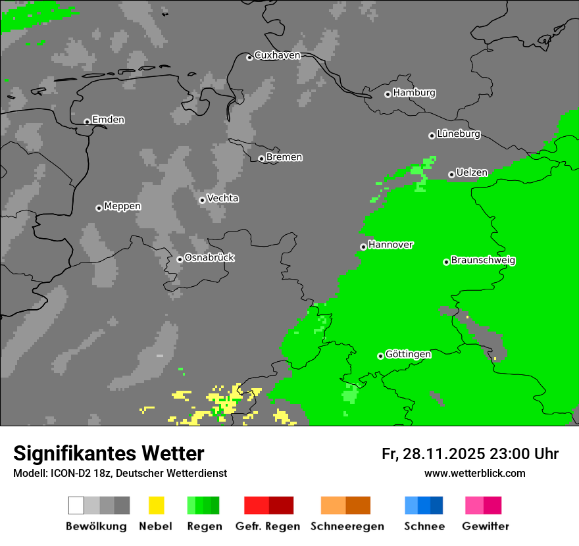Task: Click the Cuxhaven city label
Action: click(x=277, y=55)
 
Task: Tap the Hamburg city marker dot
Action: click(x=388, y=94)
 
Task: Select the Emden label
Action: click(x=108, y=120)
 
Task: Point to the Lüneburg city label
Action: click(x=458, y=134)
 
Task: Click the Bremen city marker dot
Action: click(x=261, y=159)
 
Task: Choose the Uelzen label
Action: click(x=472, y=173)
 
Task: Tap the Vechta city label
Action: click(x=222, y=199)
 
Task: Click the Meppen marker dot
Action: click(x=99, y=208)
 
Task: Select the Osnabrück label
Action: click(x=209, y=258)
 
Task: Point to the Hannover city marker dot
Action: click(x=363, y=247)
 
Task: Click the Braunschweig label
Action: click(x=483, y=261)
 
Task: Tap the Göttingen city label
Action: click(x=408, y=355)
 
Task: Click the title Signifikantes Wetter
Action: click(x=109, y=453)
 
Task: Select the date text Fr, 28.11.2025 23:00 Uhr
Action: click(x=470, y=454)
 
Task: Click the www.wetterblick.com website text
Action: click(x=474, y=474)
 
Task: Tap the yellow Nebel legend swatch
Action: click(x=156, y=505)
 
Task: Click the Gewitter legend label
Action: click(x=485, y=526)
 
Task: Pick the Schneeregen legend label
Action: click(x=347, y=526)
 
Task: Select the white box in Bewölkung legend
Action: click(x=76, y=505)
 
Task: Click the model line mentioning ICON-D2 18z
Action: click(x=120, y=474)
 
